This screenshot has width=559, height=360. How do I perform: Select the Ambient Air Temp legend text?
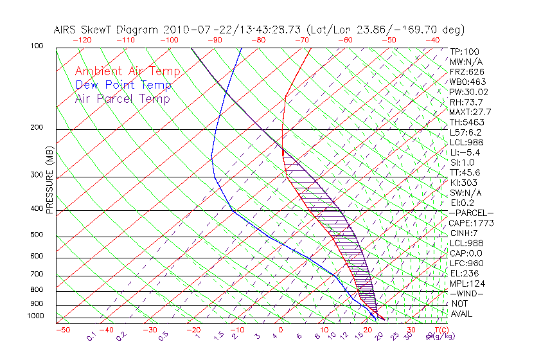click(127, 71)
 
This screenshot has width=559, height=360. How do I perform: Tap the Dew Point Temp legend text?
click(123, 85)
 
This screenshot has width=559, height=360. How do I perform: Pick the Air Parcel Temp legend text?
click(122, 98)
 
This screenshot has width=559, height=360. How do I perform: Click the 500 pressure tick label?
click(39, 235)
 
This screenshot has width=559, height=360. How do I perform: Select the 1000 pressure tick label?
click(37, 316)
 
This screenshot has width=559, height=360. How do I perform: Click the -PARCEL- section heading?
click(472, 213)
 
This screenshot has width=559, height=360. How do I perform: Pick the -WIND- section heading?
click(467, 293)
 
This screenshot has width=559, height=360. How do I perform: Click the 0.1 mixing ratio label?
click(92, 336)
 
